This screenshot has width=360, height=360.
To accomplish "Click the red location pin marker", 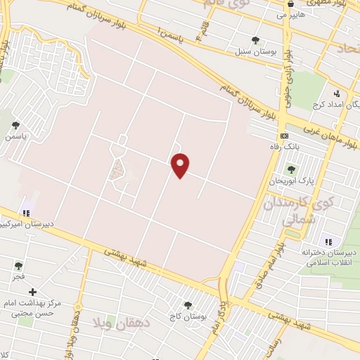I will coord(181,165).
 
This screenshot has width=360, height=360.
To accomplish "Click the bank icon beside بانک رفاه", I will coord(284,136).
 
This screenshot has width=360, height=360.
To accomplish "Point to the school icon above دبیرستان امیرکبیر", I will coord(27,212).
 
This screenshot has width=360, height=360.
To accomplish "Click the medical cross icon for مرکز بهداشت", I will coord(32,291).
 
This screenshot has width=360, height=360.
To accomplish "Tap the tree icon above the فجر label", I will coord(18,266).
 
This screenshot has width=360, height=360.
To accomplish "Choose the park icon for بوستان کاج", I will coord(188,305).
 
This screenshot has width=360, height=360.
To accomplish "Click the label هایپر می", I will coord(290,13).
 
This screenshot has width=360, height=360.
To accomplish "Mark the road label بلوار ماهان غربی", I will coord(330,138).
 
